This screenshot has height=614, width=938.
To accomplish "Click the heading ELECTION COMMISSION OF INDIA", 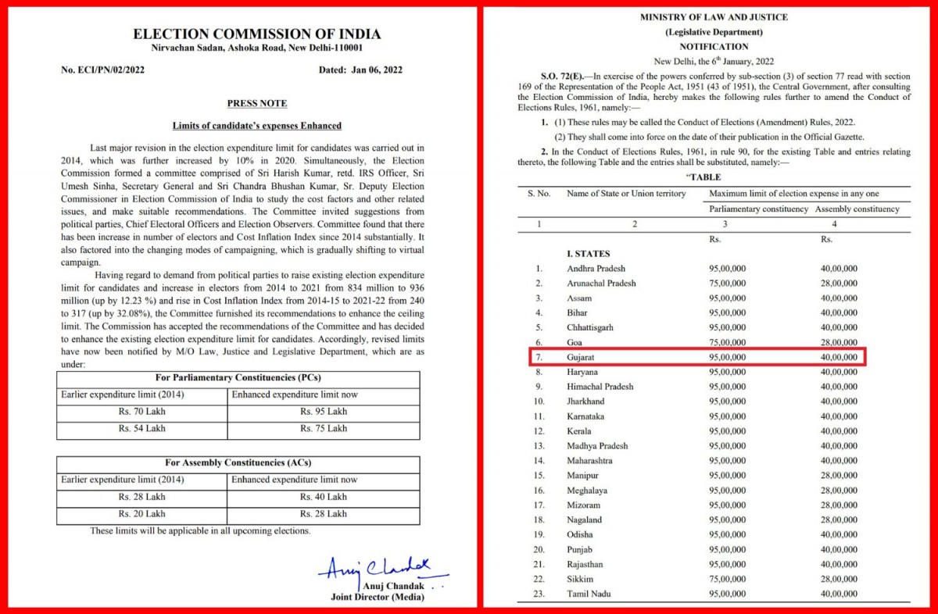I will point(257,34).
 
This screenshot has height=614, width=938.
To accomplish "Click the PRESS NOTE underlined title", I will point(257,103).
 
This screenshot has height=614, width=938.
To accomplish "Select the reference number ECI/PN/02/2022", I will point(102,70).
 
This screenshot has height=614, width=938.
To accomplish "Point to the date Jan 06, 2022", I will point(374,70).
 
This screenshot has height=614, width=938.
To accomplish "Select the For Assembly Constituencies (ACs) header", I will point(238,463).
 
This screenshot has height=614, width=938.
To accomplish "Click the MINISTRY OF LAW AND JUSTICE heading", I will point(714,17).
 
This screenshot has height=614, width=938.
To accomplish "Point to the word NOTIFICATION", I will point(714,46).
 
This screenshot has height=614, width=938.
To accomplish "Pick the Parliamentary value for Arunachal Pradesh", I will point(727,284).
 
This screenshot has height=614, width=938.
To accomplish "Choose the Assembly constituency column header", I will point(857,209).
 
